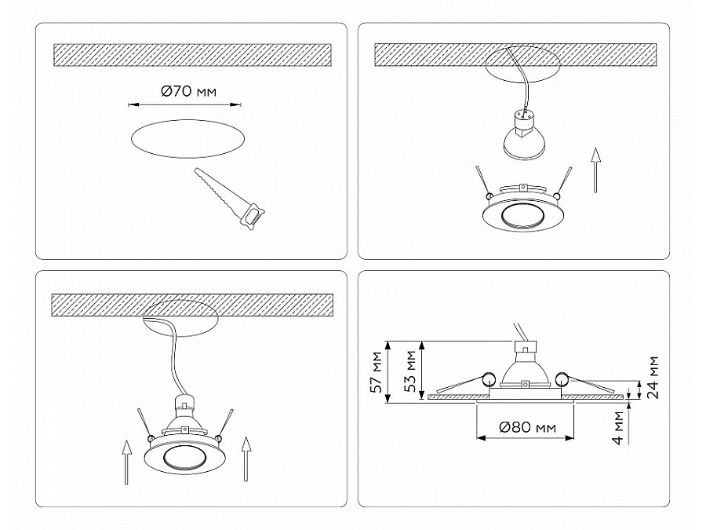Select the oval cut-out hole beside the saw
[x=185, y=140]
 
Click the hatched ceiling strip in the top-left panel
[x=192, y=54]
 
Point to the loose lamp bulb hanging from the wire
[x=522, y=137]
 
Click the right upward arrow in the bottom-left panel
[x=246, y=462]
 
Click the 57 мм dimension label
[x=377, y=373]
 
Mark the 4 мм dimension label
[x=619, y=429]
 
